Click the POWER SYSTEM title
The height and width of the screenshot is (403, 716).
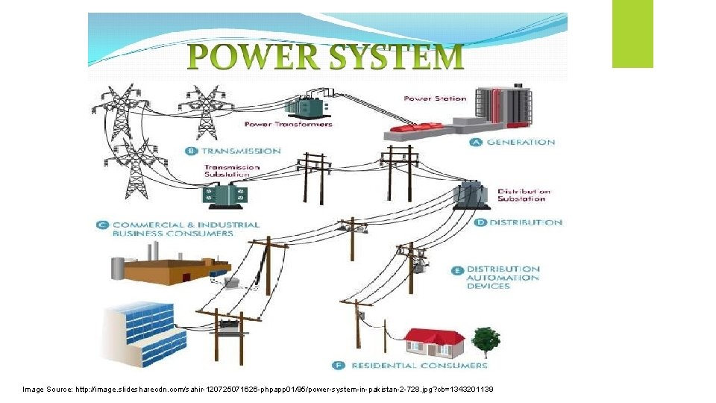(x=325, y=57)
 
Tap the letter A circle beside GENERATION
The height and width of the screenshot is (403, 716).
(x=476, y=142)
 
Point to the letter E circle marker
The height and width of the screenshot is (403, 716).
(x=456, y=269)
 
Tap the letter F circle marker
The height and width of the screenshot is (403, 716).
(x=338, y=365)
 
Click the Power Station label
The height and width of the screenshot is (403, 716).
(x=435, y=98)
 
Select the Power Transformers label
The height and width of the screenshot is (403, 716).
(x=288, y=125)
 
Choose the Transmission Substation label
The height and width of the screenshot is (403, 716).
(x=232, y=171)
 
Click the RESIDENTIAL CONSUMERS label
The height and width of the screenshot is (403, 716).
(x=419, y=365)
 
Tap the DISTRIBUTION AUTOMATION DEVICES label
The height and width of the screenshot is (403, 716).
(x=503, y=277)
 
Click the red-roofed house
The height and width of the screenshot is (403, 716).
(x=434, y=342)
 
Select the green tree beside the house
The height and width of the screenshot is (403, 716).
(x=486, y=340)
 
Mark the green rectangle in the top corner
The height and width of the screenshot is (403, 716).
(x=632, y=34)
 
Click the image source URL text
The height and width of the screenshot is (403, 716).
(x=257, y=390)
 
